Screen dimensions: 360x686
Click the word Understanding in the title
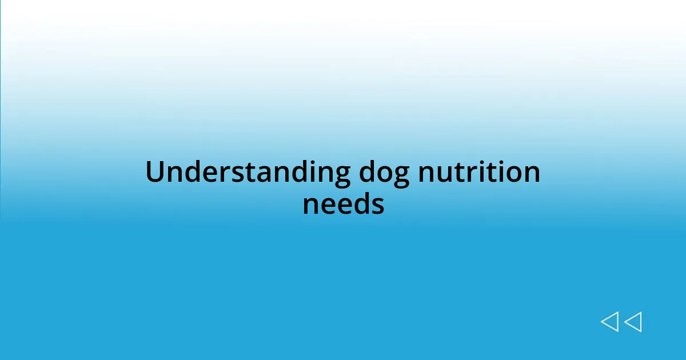click(x=248, y=172)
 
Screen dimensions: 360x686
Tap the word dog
click(x=384, y=172)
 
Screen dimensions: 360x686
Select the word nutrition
click(x=479, y=172)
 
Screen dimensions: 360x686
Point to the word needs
click(x=343, y=204)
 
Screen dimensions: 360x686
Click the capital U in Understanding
click(x=155, y=172)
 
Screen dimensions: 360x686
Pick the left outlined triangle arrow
click(x=609, y=322)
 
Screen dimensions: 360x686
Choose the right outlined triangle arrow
click(x=633, y=322)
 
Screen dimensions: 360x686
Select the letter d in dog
click(x=368, y=172)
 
